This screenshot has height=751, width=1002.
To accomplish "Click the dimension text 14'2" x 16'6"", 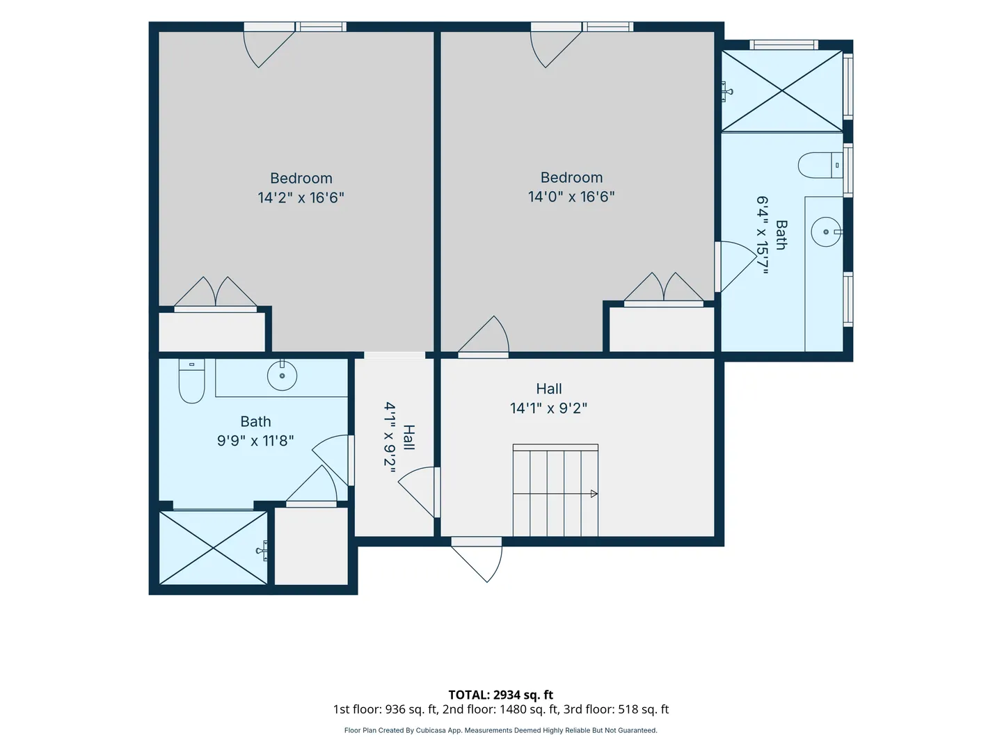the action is click(x=301, y=197).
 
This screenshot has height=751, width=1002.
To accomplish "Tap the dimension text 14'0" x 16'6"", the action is click(x=571, y=197).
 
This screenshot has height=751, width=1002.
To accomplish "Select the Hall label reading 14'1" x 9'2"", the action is click(x=548, y=407).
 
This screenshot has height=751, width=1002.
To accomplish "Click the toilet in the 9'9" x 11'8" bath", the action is click(x=192, y=381).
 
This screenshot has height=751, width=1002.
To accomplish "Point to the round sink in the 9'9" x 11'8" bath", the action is click(x=282, y=375).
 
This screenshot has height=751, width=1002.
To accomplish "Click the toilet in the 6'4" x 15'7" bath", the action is click(x=820, y=165).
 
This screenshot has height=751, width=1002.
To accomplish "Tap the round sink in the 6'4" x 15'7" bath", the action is click(x=826, y=232).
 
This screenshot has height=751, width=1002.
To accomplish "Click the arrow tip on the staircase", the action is click(x=595, y=494).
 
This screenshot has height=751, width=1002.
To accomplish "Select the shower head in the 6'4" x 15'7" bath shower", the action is click(x=726, y=92).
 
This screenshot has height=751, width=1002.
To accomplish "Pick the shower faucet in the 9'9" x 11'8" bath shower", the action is click(x=262, y=551).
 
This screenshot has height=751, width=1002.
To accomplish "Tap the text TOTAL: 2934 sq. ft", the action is click(x=501, y=695).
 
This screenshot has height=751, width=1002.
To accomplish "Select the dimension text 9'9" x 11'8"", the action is click(x=255, y=441).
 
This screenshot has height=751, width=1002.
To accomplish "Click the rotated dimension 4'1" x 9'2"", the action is click(x=390, y=438).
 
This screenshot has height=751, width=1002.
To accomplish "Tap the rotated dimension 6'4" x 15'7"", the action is click(x=763, y=235).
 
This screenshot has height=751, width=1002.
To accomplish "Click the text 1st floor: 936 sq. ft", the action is click(x=384, y=709).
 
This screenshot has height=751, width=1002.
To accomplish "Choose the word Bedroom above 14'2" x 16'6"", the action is click(x=301, y=178).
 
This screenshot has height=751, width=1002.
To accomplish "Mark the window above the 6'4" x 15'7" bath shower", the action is click(x=784, y=45).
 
